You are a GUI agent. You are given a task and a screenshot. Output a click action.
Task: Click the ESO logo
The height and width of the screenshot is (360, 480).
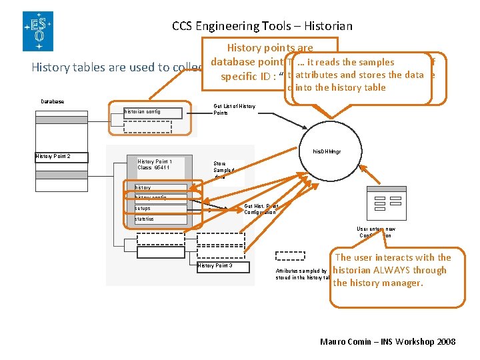[x=37, y=31]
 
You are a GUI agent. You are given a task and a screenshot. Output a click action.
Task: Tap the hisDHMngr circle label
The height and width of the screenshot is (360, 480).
[x=327, y=152]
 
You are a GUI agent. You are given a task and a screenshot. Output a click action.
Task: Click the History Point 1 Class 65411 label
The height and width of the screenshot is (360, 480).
[x=155, y=164]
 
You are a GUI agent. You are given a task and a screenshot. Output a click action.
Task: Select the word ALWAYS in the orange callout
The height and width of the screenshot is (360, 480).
[x=401, y=270]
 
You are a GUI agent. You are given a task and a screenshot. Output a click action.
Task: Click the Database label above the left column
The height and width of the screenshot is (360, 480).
[x=53, y=101]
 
